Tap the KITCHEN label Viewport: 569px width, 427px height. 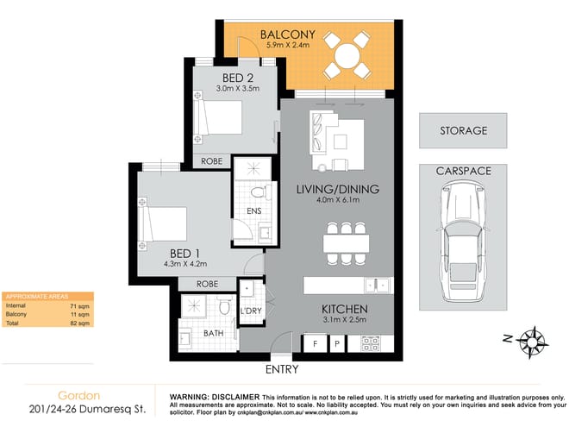(346, 309)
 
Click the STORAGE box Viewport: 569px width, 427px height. (463, 131)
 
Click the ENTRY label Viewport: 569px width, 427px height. (282, 369)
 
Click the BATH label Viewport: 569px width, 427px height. (211, 332)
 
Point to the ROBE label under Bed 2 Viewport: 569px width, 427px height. (212, 161)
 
